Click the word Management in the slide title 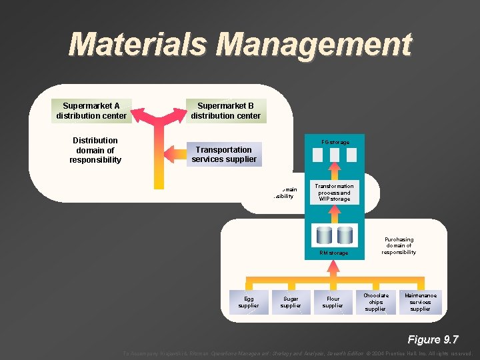pos(314,45)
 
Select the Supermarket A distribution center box pos(91,111)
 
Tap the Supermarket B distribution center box pos(225,111)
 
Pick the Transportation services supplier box pos(224,155)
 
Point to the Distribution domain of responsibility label pos(95,150)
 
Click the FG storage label pos(335,142)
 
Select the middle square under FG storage pos(335,155)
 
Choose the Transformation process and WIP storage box pos(334,193)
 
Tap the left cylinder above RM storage pos(325,235)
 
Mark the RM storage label pos(333,253)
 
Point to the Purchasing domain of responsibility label pos(399,245)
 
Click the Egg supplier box pos(249,302)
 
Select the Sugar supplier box pos(291,302)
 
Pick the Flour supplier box pos(333,302)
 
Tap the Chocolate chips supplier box pos(376,302)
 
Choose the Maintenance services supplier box pos(420,302)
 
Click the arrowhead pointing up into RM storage pos(334,265)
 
